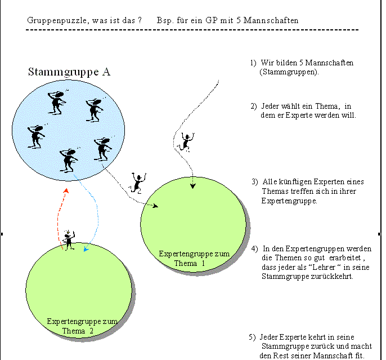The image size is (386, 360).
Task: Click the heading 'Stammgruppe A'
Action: (x=69, y=72)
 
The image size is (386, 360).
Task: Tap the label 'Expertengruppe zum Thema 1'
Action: (x=194, y=259)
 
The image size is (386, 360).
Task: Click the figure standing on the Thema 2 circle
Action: (x=69, y=239)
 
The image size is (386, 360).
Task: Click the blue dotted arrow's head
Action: (x=86, y=248)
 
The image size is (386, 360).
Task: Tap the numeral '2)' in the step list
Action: (x=254, y=106)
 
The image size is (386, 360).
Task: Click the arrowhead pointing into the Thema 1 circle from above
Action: (x=193, y=186)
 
